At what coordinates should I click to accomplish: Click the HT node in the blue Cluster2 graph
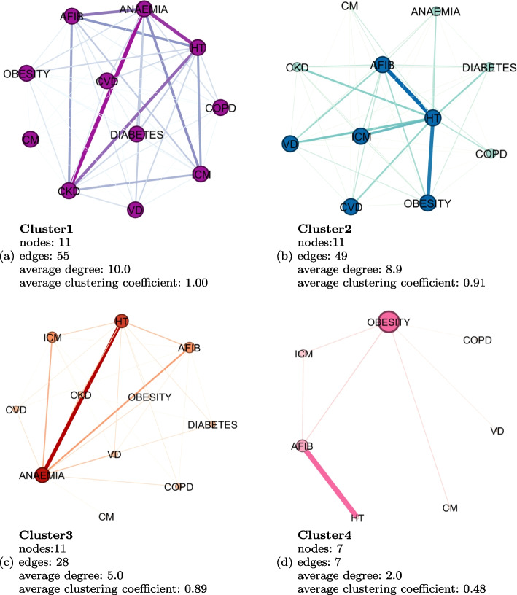(x=432, y=117)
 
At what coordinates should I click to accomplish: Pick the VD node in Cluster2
(x=290, y=144)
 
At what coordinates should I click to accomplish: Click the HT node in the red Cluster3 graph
(x=122, y=321)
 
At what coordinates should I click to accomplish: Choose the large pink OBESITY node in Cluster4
(x=387, y=322)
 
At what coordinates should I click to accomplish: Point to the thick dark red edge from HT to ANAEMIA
(x=82, y=398)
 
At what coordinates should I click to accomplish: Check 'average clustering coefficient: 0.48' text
(x=378, y=587)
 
